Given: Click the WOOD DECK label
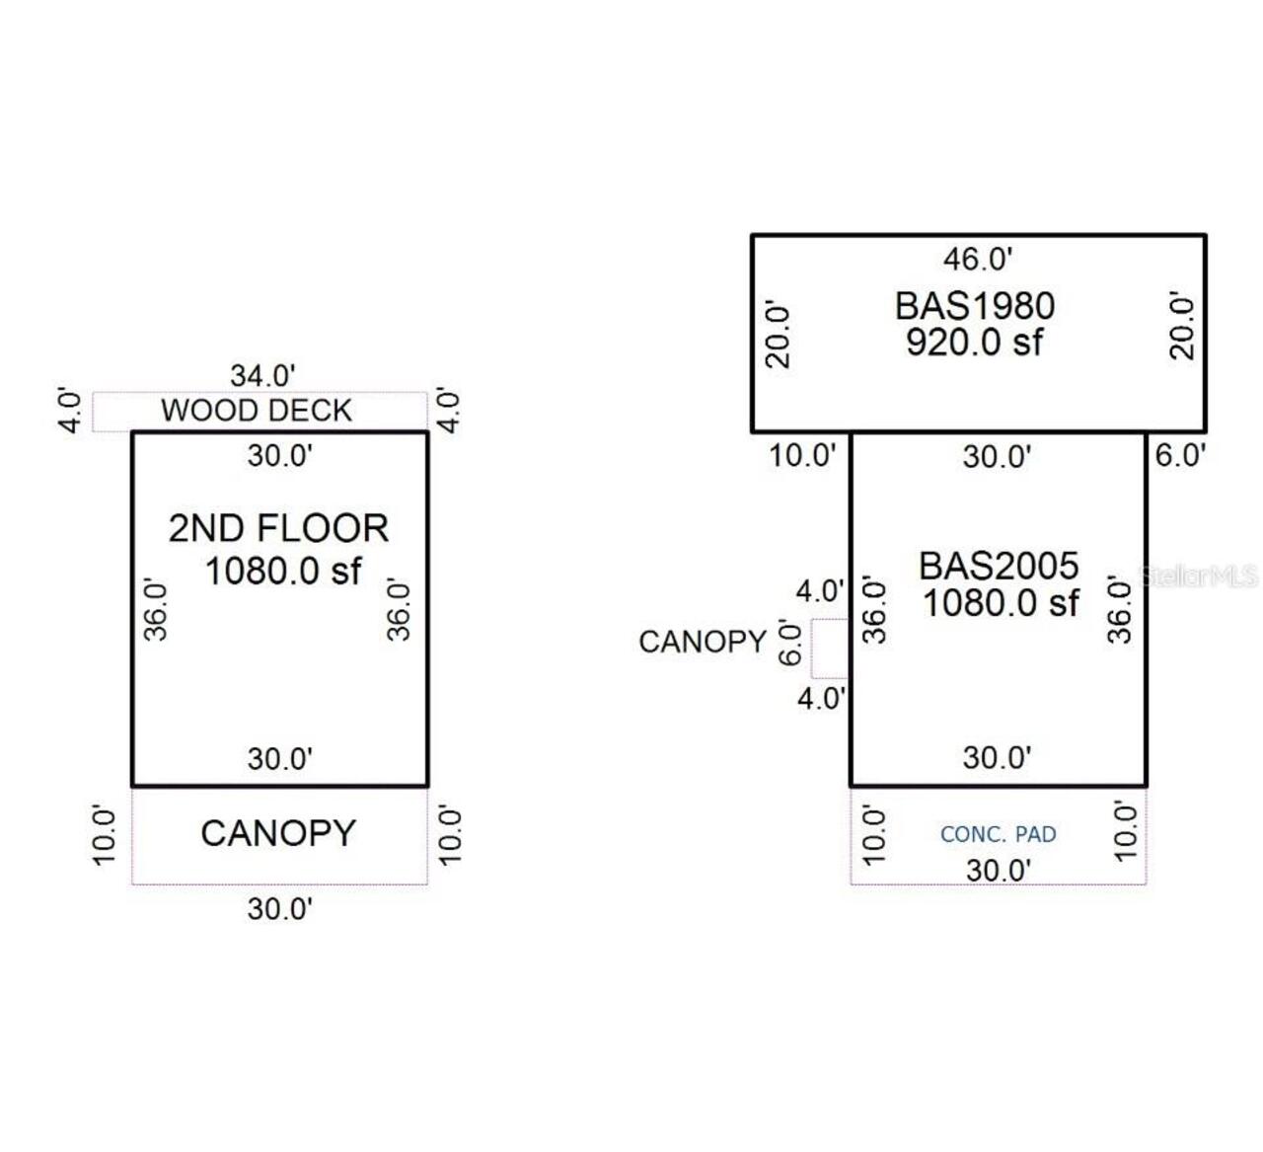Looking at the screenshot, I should pyautogui.click(x=257, y=411).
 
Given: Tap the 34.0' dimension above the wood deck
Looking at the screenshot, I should pyautogui.click(x=262, y=376).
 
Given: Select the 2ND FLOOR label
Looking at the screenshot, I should pyautogui.click(x=278, y=529).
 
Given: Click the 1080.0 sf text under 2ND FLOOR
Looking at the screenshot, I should pyautogui.click(x=282, y=571).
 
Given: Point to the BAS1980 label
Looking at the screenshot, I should pyautogui.click(x=975, y=306).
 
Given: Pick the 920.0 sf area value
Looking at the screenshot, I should pyautogui.click(x=974, y=343).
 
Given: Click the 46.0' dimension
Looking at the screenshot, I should pyautogui.click(x=978, y=260).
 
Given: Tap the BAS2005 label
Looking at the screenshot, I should pyautogui.click(x=999, y=566).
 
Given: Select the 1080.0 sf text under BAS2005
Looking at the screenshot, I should pyautogui.click(x=1001, y=602).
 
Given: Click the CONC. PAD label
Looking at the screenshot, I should pyautogui.click(x=998, y=835).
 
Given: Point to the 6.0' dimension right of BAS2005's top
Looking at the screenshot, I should pyautogui.click(x=1180, y=456).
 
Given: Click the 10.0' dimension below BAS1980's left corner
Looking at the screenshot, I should pyautogui.click(x=802, y=456).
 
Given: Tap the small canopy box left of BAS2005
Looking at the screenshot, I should pyautogui.click(x=830, y=649).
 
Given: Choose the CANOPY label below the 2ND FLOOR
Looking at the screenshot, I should pyautogui.click(x=278, y=833).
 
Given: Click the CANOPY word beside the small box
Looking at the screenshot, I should pyautogui.click(x=703, y=643).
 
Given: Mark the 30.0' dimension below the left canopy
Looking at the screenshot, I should pyautogui.click(x=280, y=909).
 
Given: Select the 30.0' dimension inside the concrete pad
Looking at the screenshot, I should pyautogui.click(x=999, y=871).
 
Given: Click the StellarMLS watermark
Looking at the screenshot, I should pyautogui.click(x=1199, y=576).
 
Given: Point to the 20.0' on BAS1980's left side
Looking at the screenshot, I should pyautogui.click(x=779, y=336).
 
